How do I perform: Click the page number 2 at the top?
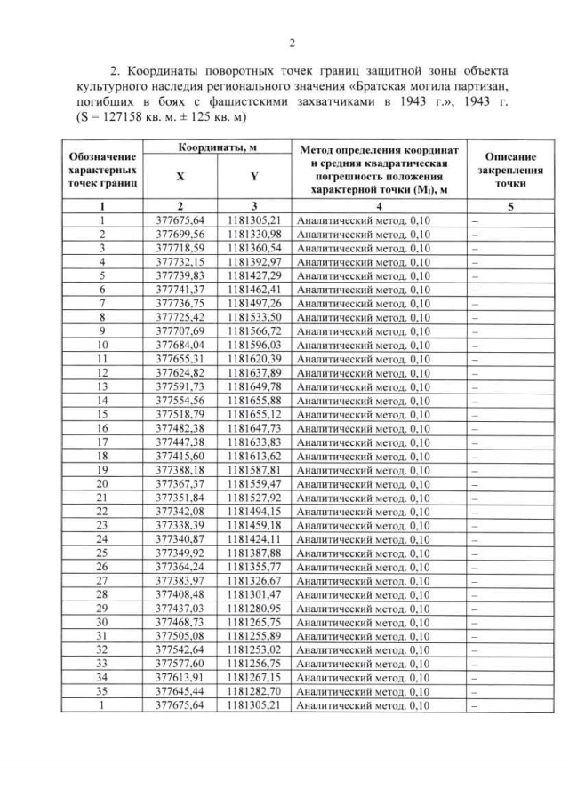[293, 41]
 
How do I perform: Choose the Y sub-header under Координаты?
[253, 177]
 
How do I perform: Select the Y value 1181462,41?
[253, 289]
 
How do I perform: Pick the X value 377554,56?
[181, 401]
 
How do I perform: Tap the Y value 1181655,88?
[253, 401]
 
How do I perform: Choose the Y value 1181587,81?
[253, 470]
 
